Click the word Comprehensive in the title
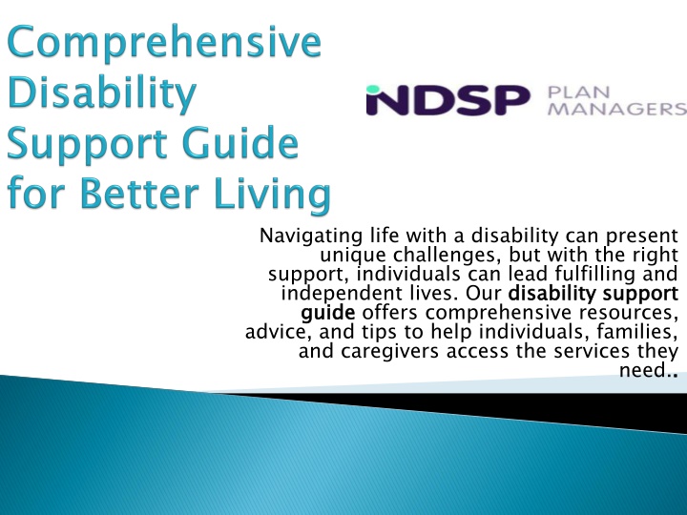coord(164,43)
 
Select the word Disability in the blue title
coord(102,93)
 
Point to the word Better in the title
coord(139,193)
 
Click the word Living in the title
coord(272,195)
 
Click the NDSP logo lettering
coord(448,100)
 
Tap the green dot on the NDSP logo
coord(372,90)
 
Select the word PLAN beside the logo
coord(578,93)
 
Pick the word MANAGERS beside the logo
coord(617,109)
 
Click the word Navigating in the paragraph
coord(311,237)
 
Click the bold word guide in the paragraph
coord(327,314)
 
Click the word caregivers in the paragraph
coord(389,352)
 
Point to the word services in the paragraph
coord(591,351)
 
